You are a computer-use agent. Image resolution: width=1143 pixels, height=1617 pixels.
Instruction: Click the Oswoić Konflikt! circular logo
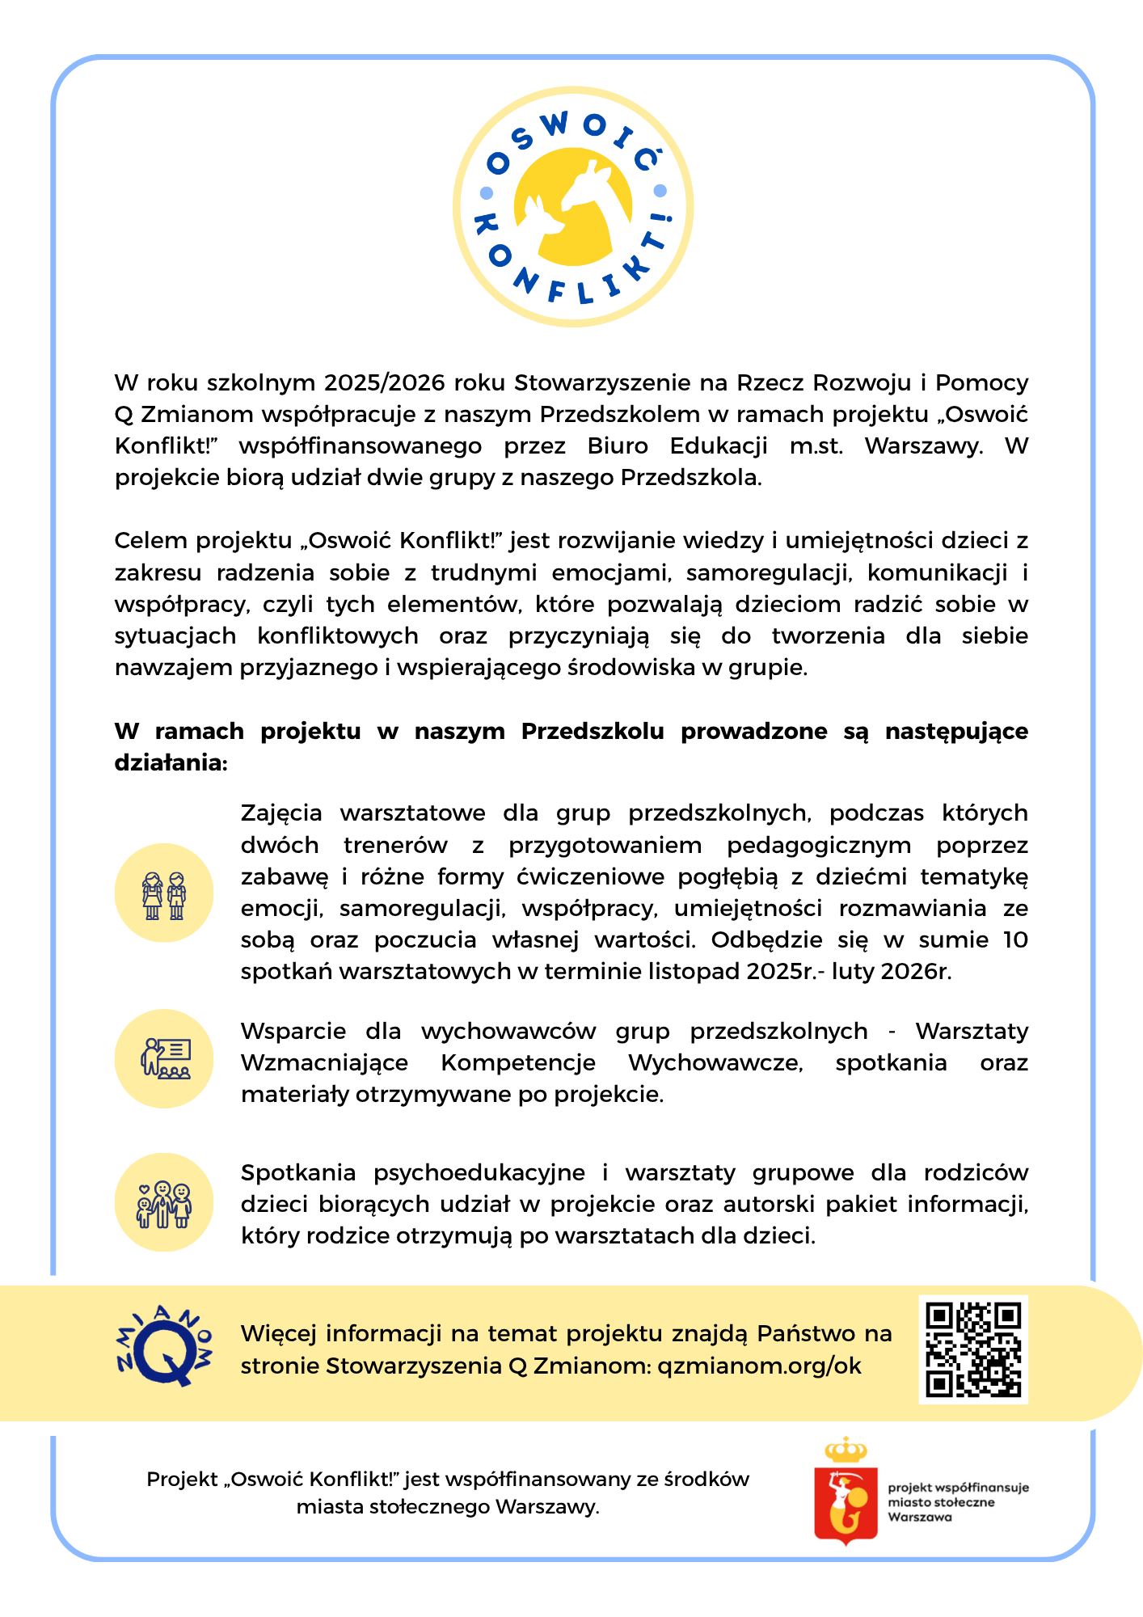click(572, 207)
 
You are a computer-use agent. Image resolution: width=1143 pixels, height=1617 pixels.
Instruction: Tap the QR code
click(972, 1349)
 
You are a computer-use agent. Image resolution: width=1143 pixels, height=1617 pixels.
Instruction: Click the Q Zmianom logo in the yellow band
click(164, 1348)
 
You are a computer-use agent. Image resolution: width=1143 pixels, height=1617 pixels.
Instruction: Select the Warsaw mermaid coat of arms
click(846, 1503)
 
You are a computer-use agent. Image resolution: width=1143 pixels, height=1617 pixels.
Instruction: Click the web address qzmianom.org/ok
click(759, 1366)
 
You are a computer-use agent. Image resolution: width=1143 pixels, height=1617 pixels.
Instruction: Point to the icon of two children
click(164, 893)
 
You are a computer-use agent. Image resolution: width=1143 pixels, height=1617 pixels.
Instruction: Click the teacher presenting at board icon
click(164, 1058)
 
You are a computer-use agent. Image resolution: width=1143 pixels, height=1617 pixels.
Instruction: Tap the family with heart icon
click(164, 1202)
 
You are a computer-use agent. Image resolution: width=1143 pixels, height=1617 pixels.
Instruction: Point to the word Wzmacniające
click(324, 1062)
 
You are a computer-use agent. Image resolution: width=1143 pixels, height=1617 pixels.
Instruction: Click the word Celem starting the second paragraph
click(152, 540)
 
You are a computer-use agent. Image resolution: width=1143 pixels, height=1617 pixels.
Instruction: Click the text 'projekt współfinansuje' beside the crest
click(958, 1488)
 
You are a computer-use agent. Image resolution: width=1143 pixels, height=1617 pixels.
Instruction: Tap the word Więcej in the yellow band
click(279, 1333)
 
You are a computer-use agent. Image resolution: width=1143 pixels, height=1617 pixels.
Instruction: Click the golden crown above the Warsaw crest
click(846, 1450)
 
